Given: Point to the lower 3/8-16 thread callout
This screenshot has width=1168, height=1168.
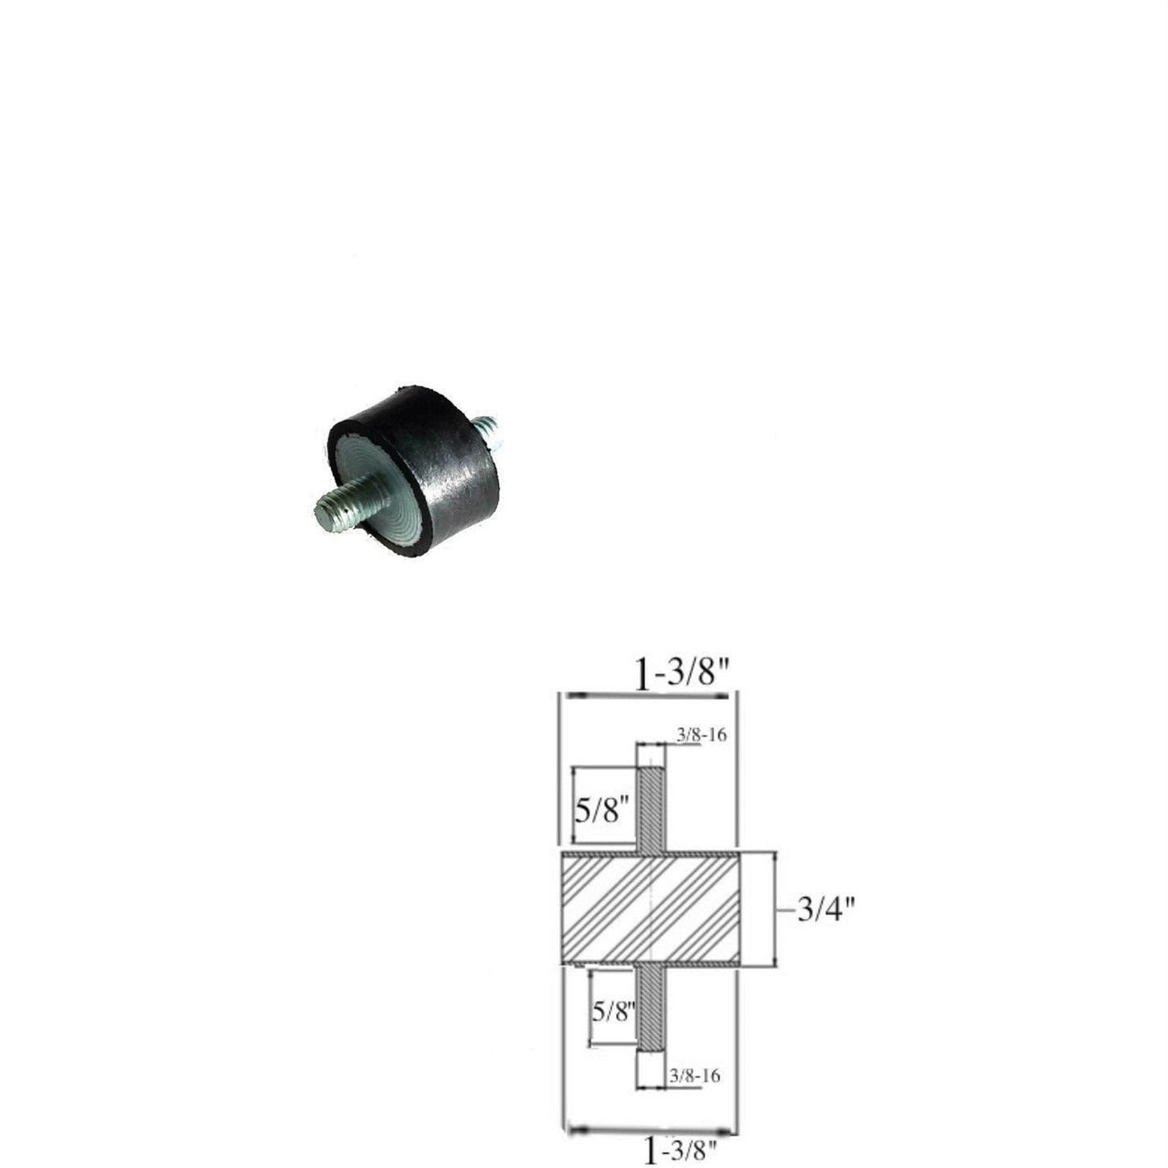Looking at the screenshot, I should click(694, 1076).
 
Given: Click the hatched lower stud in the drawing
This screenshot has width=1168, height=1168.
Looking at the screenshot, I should click(651, 1006).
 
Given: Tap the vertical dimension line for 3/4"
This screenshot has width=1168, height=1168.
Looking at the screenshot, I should click(775, 909).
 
